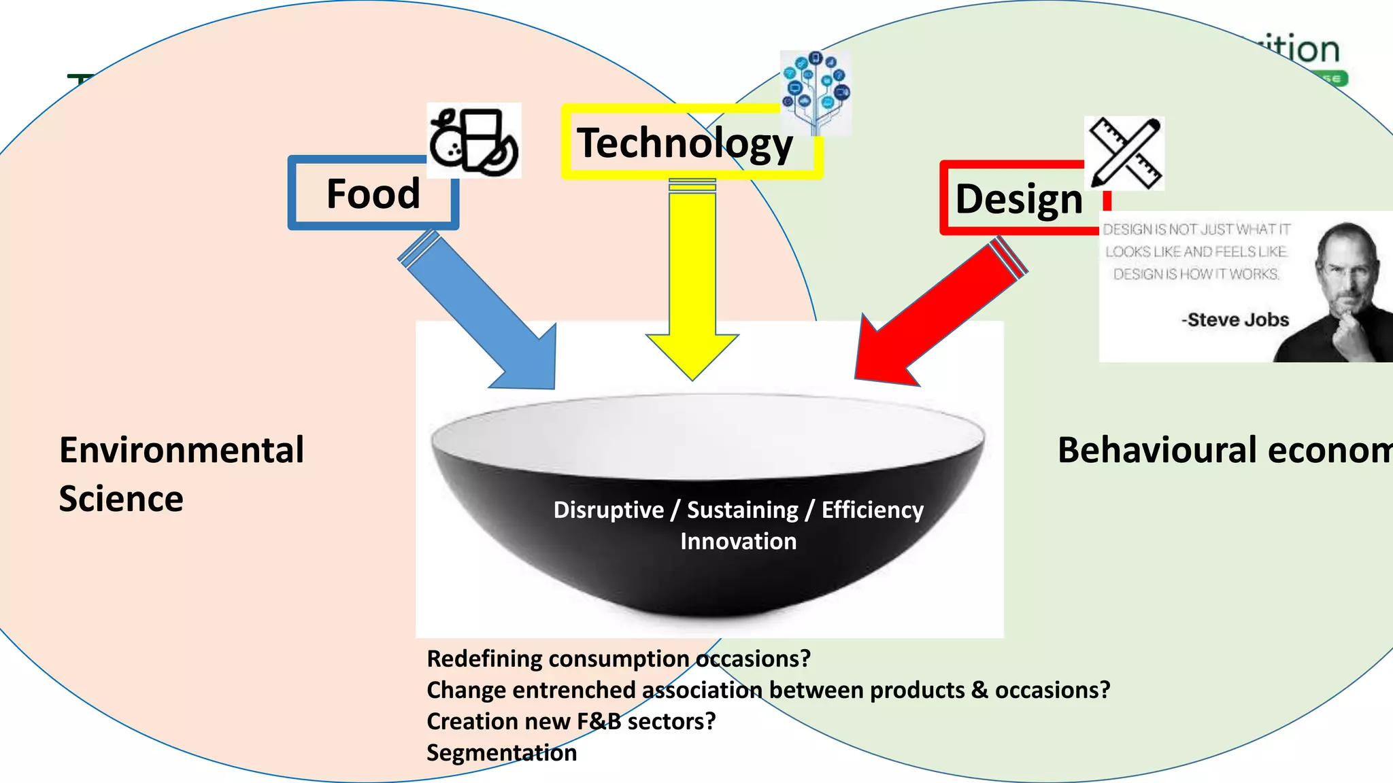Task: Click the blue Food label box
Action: (373, 194)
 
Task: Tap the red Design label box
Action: (1018, 199)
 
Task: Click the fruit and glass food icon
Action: (473, 141)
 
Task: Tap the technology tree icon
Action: (816, 92)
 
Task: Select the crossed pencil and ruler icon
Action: (1124, 153)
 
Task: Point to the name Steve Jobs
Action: (1237, 319)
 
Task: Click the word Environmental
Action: (182, 450)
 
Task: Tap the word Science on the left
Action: (121, 499)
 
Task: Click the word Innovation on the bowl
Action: (738, 542)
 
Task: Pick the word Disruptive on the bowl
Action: (608, 510)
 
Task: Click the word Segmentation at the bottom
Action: (501, 752)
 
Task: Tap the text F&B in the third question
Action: (599, 721)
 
